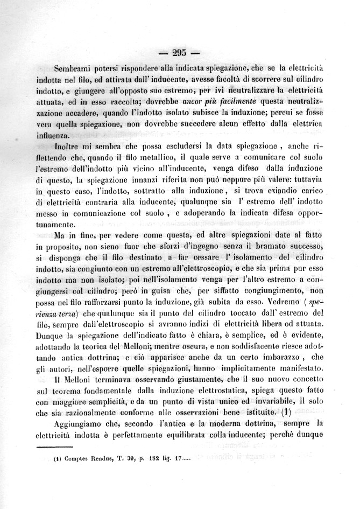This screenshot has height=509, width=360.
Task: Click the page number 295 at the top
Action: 179,53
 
